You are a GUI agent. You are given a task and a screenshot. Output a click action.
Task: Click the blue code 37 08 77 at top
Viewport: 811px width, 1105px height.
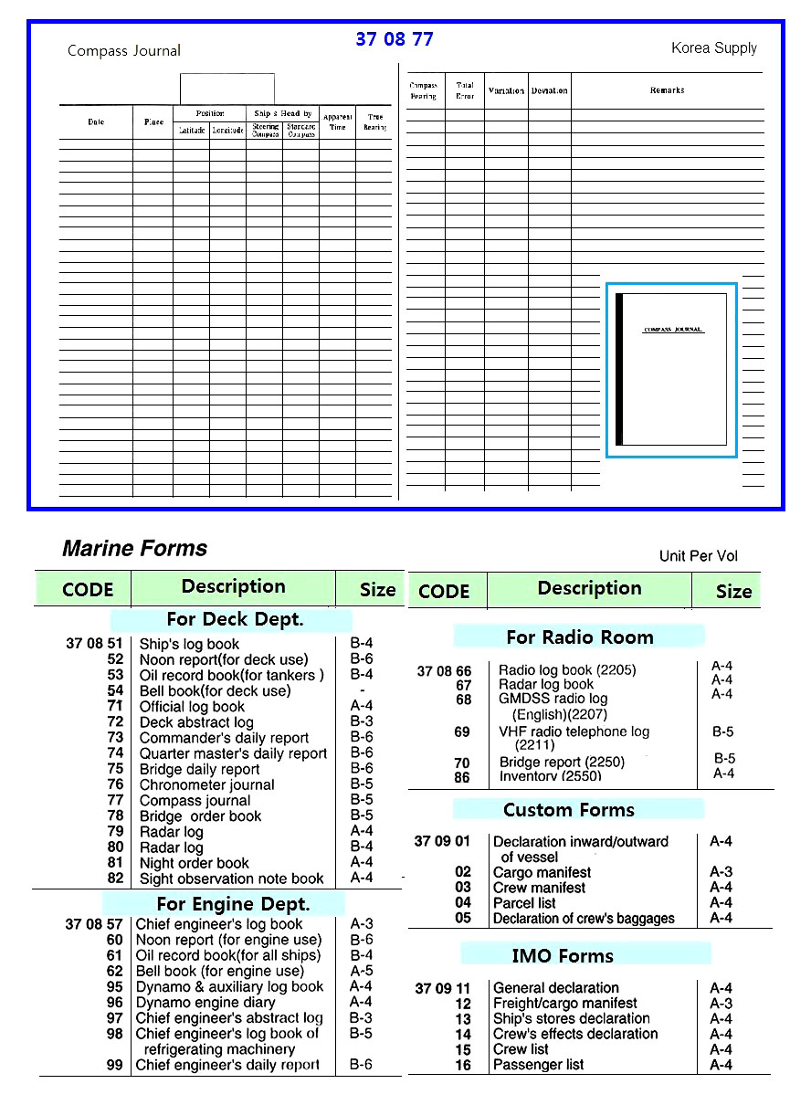[394, 39]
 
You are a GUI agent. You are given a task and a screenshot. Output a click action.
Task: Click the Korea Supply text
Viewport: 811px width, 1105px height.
[713, 47]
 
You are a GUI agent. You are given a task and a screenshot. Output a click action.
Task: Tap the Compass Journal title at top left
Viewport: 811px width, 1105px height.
[124, 50]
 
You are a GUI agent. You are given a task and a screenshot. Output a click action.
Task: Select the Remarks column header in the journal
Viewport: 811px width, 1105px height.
[667, 90]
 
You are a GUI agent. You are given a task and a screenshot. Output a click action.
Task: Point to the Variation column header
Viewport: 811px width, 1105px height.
[506, 90]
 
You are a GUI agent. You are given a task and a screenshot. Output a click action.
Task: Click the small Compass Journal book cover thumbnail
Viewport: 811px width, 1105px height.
[671, 369]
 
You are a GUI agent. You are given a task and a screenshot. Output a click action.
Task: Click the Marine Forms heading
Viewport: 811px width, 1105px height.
[134, 548]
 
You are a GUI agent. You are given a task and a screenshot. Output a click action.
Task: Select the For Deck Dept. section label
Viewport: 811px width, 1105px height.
[235, 619]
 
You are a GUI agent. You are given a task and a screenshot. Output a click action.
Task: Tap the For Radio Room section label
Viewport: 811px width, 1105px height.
[579, 637]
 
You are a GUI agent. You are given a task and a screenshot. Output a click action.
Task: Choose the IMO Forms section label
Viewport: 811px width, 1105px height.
[562, 955]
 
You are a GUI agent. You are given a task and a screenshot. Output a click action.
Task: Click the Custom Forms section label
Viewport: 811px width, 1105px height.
[568, 809]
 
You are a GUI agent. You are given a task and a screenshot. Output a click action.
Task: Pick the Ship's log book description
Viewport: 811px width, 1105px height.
[189, 644]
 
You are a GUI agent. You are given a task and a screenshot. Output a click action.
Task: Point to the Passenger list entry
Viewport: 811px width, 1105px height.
[538, 1065]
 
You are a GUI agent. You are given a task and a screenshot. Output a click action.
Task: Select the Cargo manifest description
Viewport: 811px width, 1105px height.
[542, 872]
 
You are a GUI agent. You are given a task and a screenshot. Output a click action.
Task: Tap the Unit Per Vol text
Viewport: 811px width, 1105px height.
[698, 556]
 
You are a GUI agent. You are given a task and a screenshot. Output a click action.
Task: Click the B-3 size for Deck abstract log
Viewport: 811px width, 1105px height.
[361, 722]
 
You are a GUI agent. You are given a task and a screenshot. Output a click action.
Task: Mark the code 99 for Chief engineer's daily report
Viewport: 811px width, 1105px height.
[114, 1065]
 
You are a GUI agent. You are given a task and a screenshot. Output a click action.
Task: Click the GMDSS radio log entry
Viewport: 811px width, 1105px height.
[553, 699]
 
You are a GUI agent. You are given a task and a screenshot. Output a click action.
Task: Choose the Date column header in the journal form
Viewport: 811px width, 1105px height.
[96, 121]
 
